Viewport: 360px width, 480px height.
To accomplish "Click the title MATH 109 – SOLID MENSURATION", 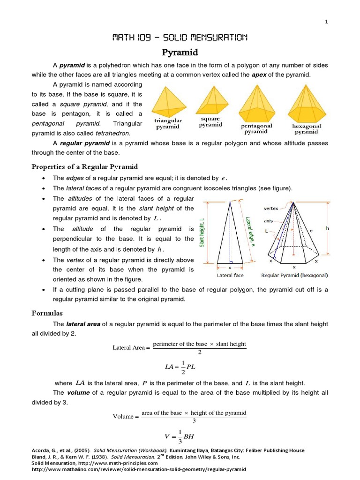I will tap(180, 37).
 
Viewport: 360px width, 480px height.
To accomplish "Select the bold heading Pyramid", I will tap(180, 52).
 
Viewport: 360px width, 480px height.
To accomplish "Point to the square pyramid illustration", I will tap(210, 100).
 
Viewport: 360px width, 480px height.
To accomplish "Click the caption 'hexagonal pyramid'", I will tap(307, 129).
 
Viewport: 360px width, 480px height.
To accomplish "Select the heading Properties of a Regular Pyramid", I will tap(84, 167).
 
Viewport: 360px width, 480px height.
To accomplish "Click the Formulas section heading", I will tap(47, 313).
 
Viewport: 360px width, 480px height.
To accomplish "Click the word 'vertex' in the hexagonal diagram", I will tap(270, 208).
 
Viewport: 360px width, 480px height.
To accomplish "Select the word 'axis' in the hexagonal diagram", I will tap(268, 220).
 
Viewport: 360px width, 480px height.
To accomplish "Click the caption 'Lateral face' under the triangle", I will tap(230, 275).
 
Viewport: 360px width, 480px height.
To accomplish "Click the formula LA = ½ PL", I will tap(180, 367).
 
